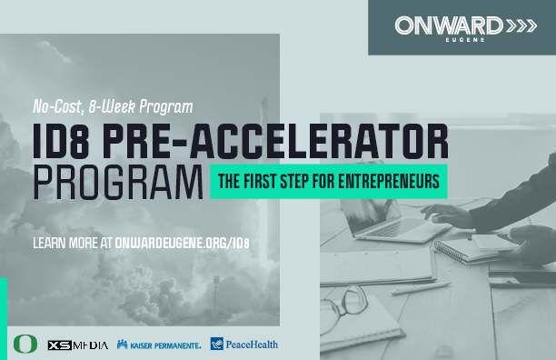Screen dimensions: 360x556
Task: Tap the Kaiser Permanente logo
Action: pyautogui.click(x=158, y=345)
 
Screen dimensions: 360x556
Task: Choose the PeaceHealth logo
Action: pyautogui.click(x=243, y=345)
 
